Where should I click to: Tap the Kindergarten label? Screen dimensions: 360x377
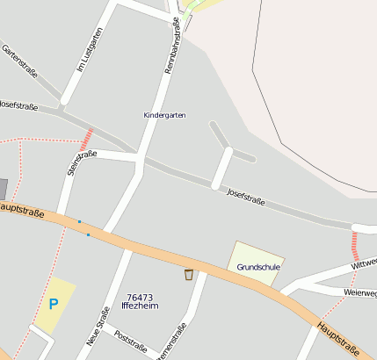(x=164, y=115)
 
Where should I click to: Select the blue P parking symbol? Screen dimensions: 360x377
(x=53, y=304)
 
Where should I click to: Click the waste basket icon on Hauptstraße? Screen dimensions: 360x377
(x=189, y=275)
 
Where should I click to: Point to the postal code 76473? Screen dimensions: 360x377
(x=140, y=298)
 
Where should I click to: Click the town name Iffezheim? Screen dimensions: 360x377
(x=140, y=306)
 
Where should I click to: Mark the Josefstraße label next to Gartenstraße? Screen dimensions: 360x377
(x=18, y=105)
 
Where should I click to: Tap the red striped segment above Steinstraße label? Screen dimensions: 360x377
(x=86, y=138)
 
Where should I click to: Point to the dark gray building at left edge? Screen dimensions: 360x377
(x=3, y=189)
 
